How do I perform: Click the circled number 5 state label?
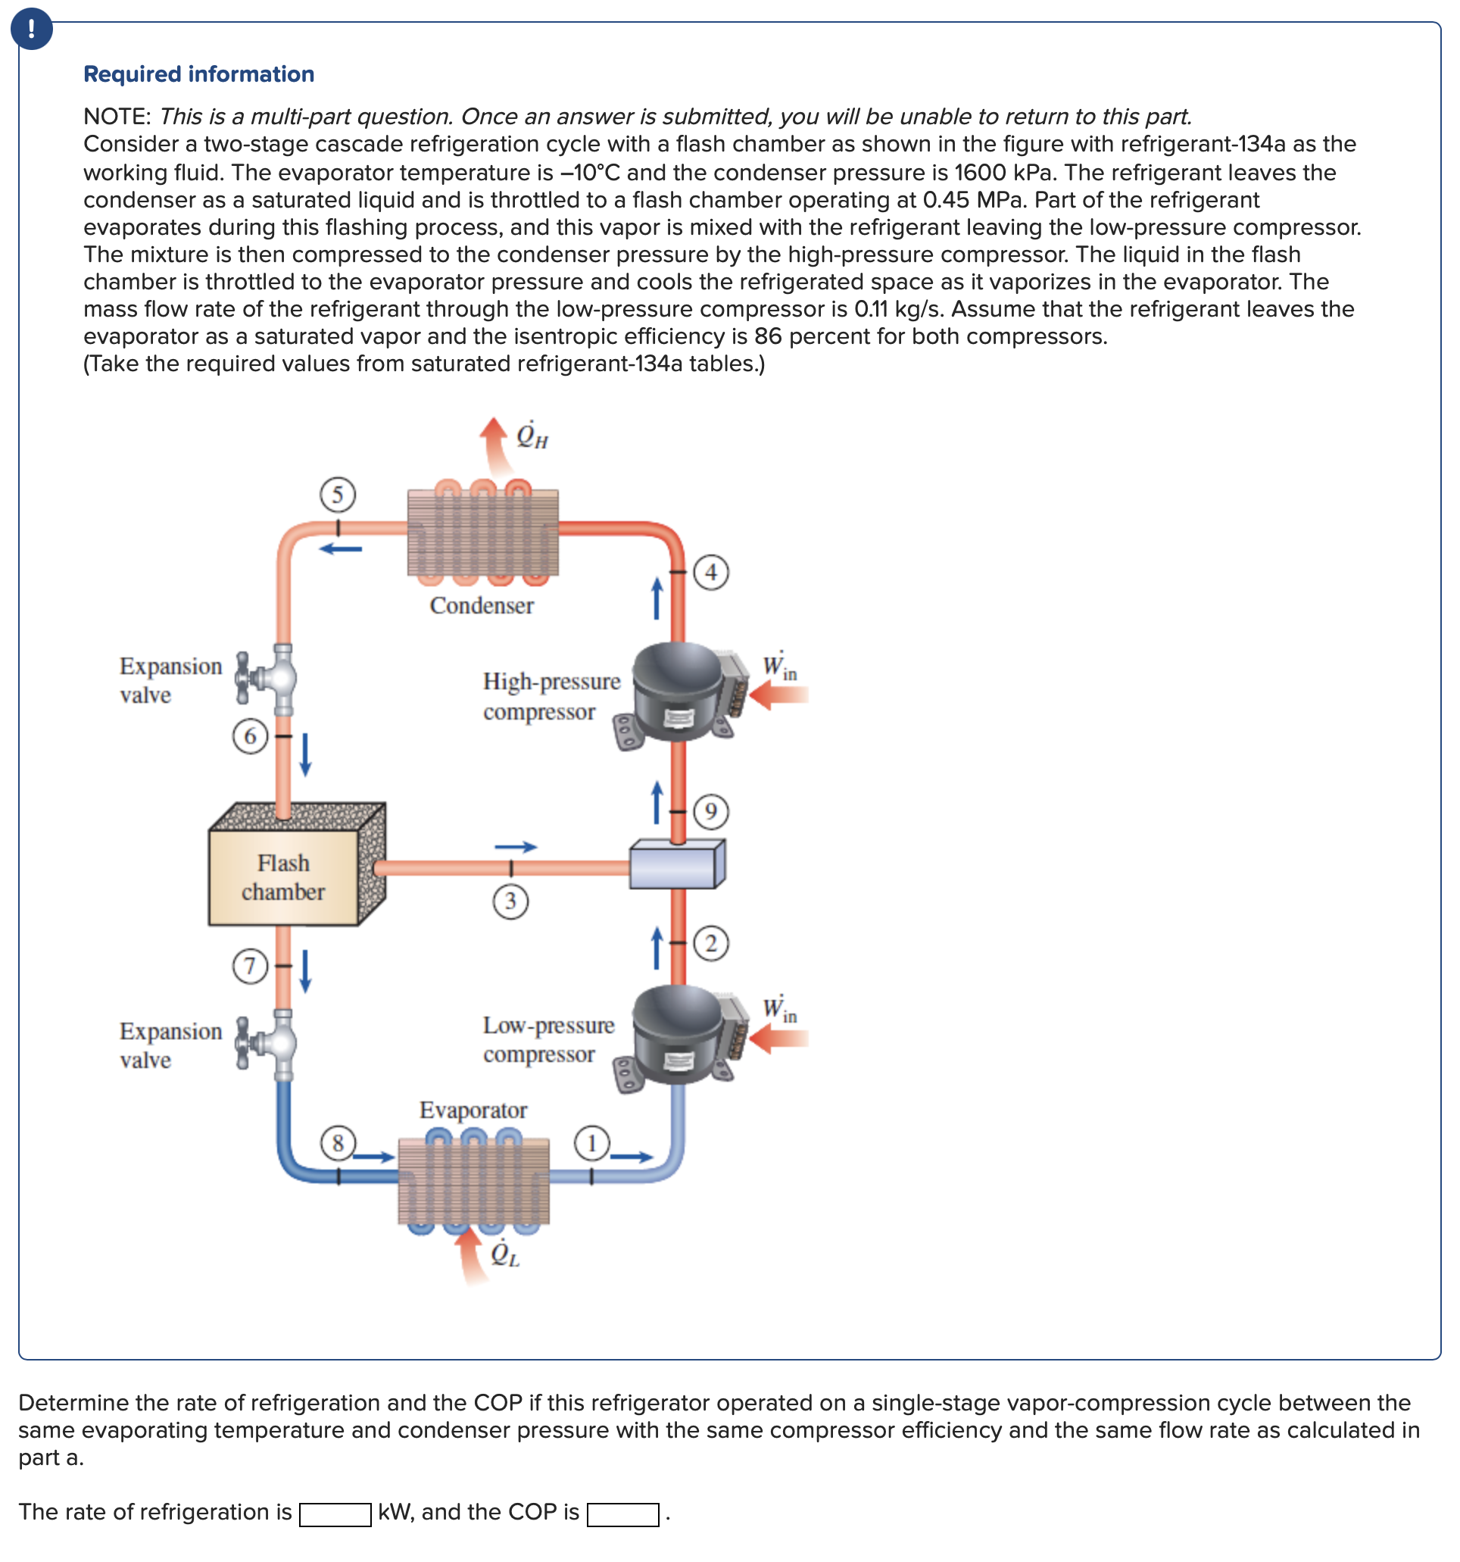click(338, 494)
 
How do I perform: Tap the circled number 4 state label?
click(711, 572)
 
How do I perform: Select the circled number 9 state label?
click(711, 811)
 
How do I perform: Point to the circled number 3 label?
click(510, 901)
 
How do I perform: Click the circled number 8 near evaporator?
click(338, 1142)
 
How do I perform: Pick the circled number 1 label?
click(592, 1142)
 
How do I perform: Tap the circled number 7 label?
click(250, 965)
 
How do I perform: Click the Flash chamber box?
click(282, 877)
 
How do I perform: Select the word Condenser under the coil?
click(482, 606)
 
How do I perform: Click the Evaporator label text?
click(473, 1111)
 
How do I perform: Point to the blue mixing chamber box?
click(677, 864)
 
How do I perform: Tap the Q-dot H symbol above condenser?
click(532, 436)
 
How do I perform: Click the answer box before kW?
click(335, 1514)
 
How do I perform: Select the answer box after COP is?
click(622, 1514)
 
